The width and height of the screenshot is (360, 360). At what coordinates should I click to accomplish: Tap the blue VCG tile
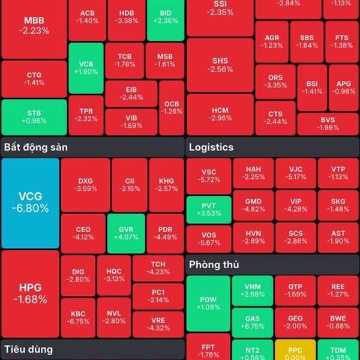[x=30, y=203]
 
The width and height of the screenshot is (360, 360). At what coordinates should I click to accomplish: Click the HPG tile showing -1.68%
[x=30, y=293]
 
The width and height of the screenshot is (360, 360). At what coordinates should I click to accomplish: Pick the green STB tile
[x=34, y=116]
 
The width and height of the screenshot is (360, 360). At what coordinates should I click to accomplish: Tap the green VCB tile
[x=86, y=68]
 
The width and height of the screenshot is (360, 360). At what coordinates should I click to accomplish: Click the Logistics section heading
[x=211, y=147]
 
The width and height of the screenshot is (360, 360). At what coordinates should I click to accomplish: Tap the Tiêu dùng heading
[x=28, y=349]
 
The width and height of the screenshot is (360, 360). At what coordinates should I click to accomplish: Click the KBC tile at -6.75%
[x=78, y=317]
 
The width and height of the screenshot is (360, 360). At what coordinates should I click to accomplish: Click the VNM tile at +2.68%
[x=253, y=290]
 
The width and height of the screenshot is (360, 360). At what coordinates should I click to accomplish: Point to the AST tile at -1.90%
[x=338, y=237]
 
